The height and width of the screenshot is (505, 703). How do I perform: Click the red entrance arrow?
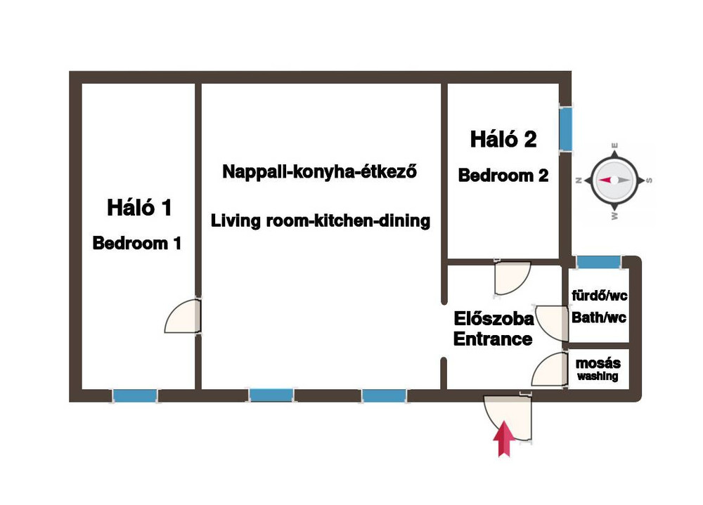click(504, 439)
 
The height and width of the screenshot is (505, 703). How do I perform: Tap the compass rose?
click(614, 181)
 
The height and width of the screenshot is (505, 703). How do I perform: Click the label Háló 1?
click(139, 207)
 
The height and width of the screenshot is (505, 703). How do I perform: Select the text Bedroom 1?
click(137, 243)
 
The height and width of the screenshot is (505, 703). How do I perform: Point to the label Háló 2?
click(503, 139)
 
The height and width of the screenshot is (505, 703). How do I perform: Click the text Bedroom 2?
click(503, 175)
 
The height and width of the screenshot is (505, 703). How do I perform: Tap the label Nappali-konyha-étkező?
click(320, 171)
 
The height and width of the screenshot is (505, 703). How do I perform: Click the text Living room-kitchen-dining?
click(321, 221)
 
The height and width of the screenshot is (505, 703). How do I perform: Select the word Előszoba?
click(494, 319)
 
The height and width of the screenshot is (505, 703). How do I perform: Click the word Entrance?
click(493, 339)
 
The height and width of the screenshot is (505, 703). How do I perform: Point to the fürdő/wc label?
click(599, 295)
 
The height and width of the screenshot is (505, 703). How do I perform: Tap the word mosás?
click(598, 363)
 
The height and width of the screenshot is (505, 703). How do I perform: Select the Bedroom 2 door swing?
click(512, 278)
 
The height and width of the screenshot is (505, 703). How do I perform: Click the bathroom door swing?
click(551, 323)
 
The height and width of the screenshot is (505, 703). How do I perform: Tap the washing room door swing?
click(549, 369)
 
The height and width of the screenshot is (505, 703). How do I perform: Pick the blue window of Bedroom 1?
click(134, 396)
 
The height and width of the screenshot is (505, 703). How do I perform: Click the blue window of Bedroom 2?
click(566, 129)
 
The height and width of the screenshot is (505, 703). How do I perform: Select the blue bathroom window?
click(598, 262)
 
